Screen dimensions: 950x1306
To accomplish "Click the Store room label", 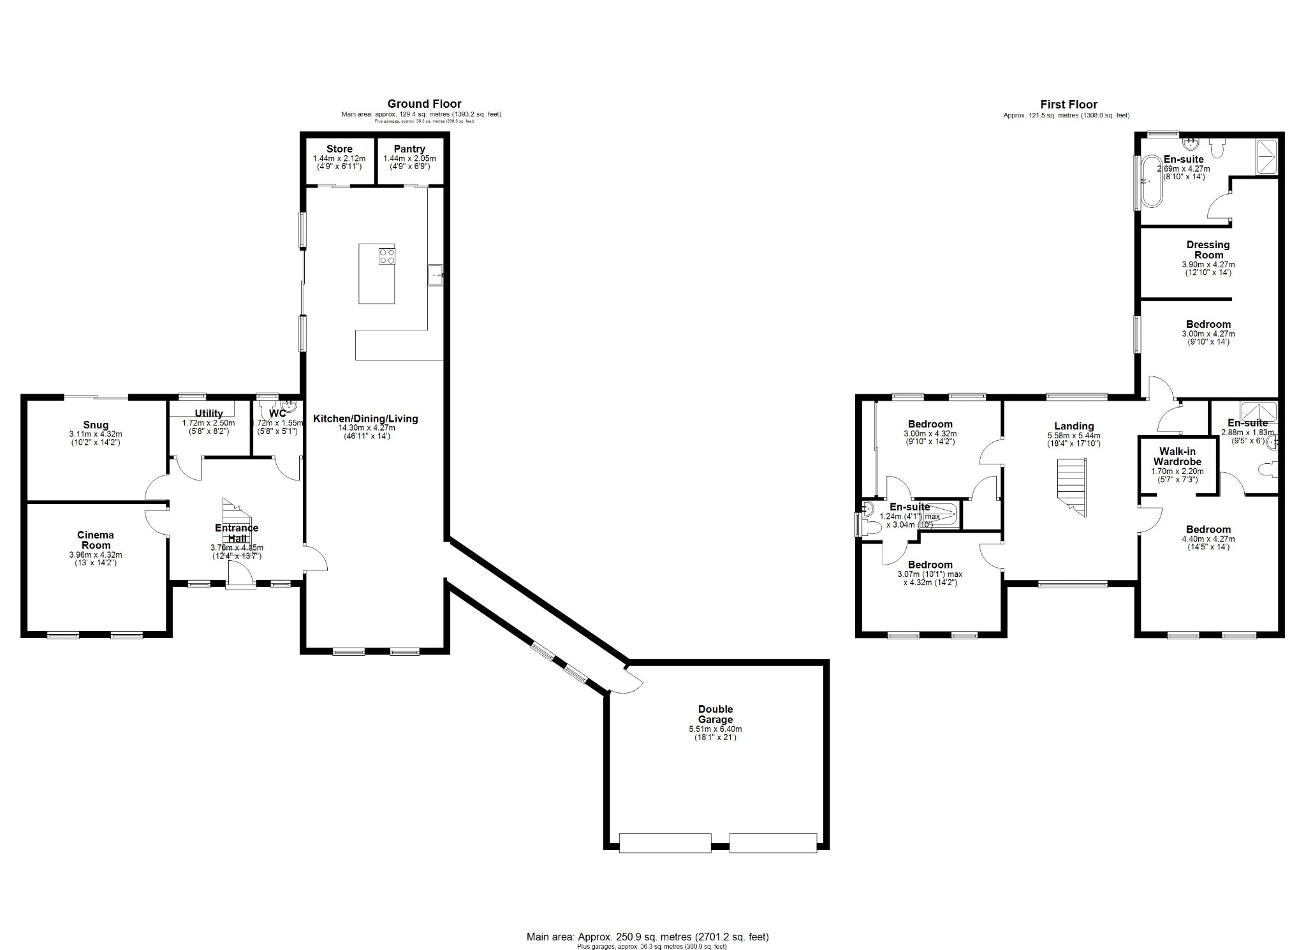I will click(x=339, y=149).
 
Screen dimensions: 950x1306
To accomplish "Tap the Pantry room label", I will click(x=409, y=149).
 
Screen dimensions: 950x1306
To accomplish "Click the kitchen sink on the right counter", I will click(x=436, y=276).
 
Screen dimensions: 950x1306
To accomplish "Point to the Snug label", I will click(x=96, y=425).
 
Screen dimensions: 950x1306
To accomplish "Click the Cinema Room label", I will click(x=96, y=540).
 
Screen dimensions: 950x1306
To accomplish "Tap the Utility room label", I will click(x=209, y=413).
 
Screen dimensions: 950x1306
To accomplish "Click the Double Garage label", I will click(x=715, y=714).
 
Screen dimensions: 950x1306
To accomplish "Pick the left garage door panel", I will click(x=665, y=843).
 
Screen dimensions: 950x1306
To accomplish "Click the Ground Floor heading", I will click(x=424, y=104).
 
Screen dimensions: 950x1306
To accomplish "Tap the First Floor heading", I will click(x=1069, y=105).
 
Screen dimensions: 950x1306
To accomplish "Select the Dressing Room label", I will click(x=1208, y=249).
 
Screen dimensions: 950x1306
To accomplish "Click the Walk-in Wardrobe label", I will click(x=1177, y=456).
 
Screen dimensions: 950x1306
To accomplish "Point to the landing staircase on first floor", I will click(x=1071, y=487).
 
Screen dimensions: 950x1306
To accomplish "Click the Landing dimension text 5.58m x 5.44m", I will click(x=1074, y=436).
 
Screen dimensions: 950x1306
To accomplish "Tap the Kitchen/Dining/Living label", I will click(x=365, y=419).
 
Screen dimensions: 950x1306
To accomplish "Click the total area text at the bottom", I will click(x=647, y=937).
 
